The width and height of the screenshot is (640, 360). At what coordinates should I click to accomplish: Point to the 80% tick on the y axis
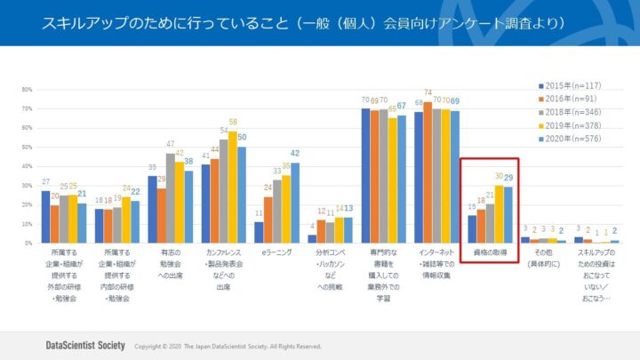[26, 90]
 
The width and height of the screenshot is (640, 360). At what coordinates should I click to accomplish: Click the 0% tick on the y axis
[28, 243]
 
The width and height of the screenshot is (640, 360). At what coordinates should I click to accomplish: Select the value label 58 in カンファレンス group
[232, 122]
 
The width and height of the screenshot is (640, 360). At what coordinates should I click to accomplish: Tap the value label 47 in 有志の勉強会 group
[170, 143]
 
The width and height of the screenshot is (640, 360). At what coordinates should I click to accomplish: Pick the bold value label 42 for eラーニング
[295, 153]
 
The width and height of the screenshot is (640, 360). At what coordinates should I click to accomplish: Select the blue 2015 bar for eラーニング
[259, 232]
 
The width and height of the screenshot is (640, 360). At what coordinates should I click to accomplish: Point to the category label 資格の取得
[489, 253]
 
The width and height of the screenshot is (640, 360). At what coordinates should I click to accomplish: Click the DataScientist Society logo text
[85, 344]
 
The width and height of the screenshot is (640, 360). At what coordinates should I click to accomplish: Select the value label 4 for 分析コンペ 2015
[312, 227]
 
